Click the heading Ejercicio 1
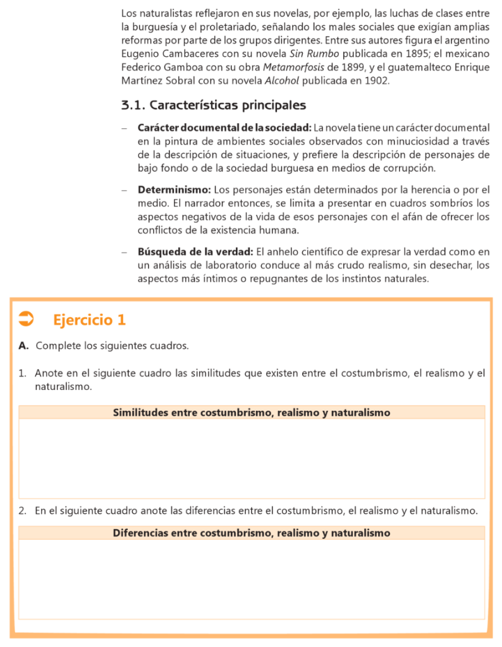coord(89,320)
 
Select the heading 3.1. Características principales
coord(214,105)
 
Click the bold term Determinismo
coord(174,189)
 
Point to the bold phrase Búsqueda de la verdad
coord(195,251)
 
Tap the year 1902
coord(377,81)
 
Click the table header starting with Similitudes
coord(252,413)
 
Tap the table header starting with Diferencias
coord(252,533)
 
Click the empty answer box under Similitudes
coord(252,458)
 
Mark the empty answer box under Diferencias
coord(252,579)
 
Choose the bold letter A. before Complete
coord(24,346)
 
